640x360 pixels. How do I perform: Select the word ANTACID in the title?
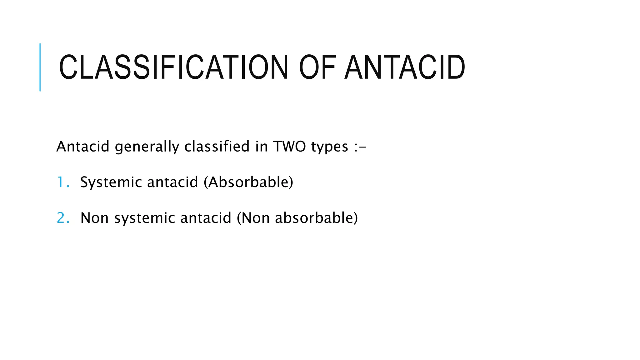tap(405, 67)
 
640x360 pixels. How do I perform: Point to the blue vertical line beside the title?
tap(40, 67)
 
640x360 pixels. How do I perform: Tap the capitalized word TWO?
tap(289, 146)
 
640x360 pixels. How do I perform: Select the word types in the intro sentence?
tap(329, 147)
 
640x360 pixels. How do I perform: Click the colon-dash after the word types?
tap(360, 147)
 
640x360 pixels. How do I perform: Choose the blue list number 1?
tap(61, 182)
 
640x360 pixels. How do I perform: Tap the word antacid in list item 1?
tap(172, 182)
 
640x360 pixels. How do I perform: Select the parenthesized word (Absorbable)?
tap(248, 182)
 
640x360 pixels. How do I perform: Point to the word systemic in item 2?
tap(144, 218)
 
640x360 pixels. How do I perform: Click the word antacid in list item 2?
tap(206, 218)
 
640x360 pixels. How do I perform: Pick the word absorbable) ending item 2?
tap(316, 218)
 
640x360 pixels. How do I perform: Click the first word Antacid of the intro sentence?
tap(83, 146)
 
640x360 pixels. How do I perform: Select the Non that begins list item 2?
tap(95, 218)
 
